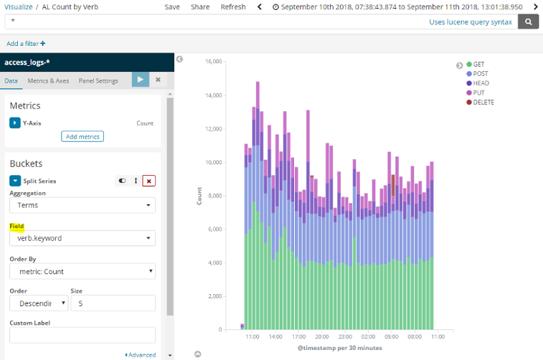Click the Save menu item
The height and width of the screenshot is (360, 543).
tap(172, 6)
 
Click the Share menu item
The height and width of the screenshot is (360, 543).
tap(200, 6)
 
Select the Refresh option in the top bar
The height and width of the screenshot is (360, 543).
tap(233, 6)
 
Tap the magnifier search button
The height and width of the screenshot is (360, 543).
tap(528, 22)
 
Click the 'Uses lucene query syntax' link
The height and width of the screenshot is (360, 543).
tap(471, 22)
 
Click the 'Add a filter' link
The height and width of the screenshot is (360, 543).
tap(26, 44)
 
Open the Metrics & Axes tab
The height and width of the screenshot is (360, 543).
tap(48, 81)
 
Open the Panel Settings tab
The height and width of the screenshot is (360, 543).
tap(98, 81)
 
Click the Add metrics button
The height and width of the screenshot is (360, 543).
tap(82, 136)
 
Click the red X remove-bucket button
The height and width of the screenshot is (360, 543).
tap(148, 181)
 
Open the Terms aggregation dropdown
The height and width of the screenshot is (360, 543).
tap(82, 205)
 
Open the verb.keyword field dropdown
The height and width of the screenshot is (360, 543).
tap(82, 238)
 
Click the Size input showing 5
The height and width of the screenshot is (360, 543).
tap(113, 303)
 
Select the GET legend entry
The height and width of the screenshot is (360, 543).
tap(479, 65)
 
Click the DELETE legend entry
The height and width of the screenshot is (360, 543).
tap(483, 102)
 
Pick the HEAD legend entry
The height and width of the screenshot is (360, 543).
tap(481, 83)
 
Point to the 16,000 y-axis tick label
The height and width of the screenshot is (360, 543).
tap(213, 62)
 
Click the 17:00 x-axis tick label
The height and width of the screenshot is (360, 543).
tap(298, 336)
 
